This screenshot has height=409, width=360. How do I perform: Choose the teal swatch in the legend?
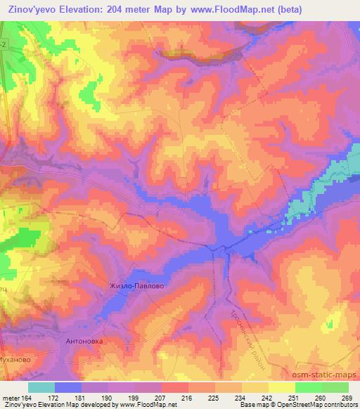pos(41,387)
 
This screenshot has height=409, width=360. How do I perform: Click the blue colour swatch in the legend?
pos(68,387)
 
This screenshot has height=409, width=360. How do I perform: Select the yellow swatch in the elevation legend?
pos(282,387)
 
